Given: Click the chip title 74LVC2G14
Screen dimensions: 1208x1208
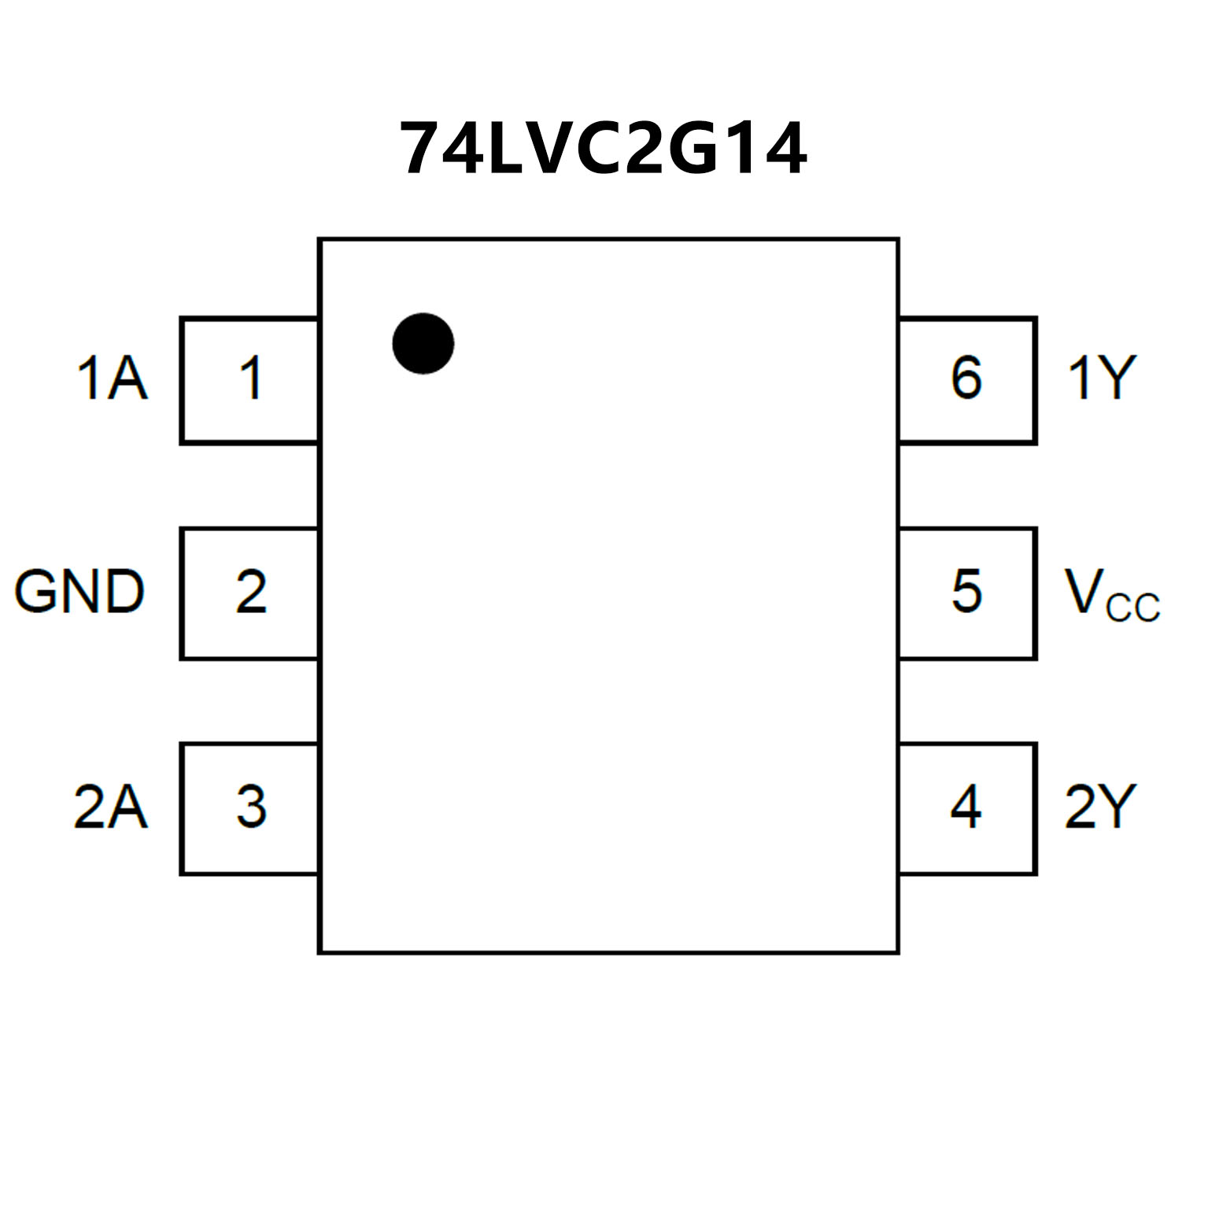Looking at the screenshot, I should coord(603,148).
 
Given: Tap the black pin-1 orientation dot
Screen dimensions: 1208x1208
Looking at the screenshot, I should coord(423,343).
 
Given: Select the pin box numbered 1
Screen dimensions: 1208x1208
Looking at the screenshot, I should coord(249,381).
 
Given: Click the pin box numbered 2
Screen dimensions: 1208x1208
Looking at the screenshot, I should coord(249,593).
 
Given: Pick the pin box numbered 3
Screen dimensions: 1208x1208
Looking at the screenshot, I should coord(249,808).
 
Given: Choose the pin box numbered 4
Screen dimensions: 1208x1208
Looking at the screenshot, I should coord(967,808).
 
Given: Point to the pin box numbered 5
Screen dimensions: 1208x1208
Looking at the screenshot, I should coord(967,593).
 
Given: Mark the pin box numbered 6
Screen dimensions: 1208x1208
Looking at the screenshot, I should coord(967,381).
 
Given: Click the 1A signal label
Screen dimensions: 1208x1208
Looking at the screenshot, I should coord(112,379).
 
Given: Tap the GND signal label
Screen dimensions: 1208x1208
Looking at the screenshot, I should coord(79,592).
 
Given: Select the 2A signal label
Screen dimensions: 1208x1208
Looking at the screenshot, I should coord(110,807).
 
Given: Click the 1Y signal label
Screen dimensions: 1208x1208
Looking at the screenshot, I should coord(1101,378).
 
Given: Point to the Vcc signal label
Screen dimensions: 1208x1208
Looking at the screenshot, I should coord(1111,595).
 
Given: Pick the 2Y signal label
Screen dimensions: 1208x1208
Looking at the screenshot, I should coord(1100,807).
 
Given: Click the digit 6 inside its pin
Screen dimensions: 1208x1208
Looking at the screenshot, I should coord(966,378).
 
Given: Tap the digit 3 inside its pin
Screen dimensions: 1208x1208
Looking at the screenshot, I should coord(251,807).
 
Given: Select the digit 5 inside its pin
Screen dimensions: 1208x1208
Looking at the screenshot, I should coord(966,591).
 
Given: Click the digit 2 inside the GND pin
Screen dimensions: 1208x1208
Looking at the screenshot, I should coord(251,592).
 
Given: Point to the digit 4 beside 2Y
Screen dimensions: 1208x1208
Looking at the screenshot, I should coord(966,807).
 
